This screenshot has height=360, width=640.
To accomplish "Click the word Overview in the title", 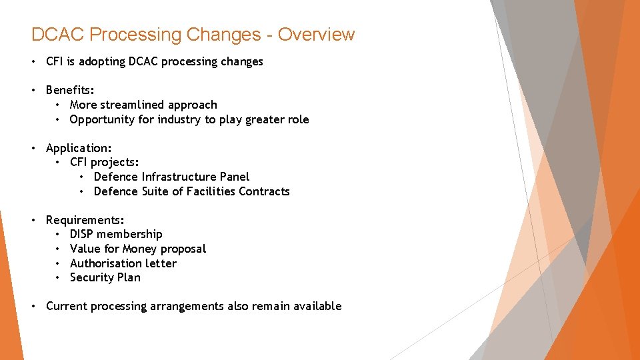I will point(317,34).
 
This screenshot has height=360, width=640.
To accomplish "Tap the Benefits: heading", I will point(70,90).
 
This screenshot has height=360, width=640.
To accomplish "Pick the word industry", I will point(179,119).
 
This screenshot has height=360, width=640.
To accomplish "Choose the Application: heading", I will point(79,148).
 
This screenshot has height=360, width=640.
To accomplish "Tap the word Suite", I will point(157,191).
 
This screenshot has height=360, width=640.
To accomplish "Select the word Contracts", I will point(265,191).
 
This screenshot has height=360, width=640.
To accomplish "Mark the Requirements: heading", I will point(85,220).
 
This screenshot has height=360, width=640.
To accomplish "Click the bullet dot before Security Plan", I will point(58,277).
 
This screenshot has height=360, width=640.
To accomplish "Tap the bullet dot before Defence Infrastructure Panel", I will point(82,177).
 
